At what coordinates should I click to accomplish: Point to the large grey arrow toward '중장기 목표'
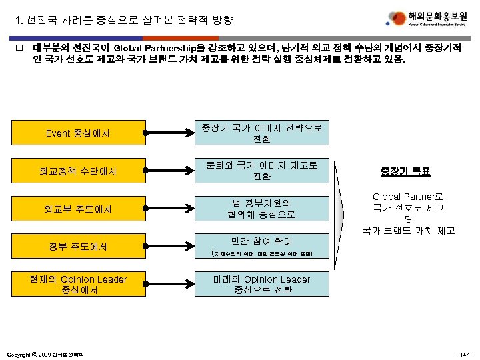point(344,209)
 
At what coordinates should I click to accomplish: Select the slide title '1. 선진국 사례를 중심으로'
point(124,20)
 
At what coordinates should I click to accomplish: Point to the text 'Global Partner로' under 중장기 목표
point(408,197)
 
